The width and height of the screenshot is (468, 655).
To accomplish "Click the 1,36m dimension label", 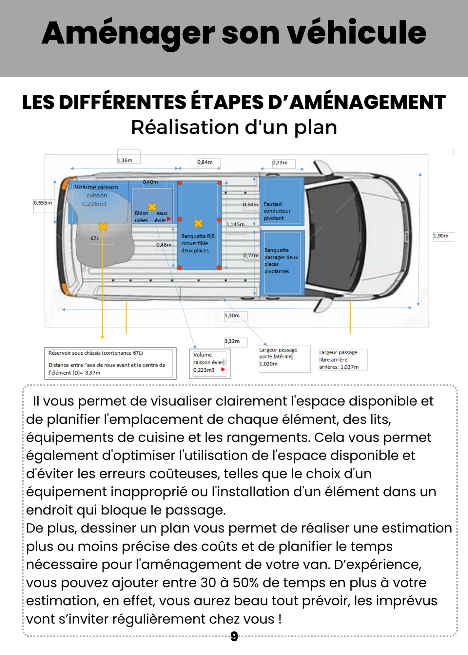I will [125, 160].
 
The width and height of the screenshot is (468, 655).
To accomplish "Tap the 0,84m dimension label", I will [205, 162].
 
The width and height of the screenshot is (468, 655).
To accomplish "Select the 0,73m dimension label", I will [280, 162].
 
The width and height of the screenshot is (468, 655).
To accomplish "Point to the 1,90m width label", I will [441, 235].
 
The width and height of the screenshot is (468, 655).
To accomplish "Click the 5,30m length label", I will [232, 315].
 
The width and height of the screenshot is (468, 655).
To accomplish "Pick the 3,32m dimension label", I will [232, 341].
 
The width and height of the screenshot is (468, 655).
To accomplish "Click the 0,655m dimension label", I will [43, 203].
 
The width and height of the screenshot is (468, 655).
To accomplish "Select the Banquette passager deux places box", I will [282, 262].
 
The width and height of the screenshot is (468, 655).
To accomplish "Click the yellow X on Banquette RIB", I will [198, 223].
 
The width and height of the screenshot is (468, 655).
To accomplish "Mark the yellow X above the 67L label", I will [103, 226].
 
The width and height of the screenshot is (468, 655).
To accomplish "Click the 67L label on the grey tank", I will [95, 238].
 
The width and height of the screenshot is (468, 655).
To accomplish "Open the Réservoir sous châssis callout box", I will [110, 363].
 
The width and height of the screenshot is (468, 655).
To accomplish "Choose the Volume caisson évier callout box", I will [209, 363].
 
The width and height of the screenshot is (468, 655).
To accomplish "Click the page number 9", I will [234, 636].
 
